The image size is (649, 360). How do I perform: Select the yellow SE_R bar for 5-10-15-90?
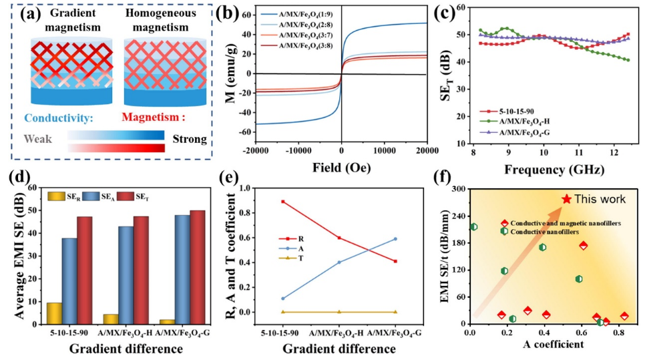[54, 313]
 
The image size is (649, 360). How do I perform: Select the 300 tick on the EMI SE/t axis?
[460, 189]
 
